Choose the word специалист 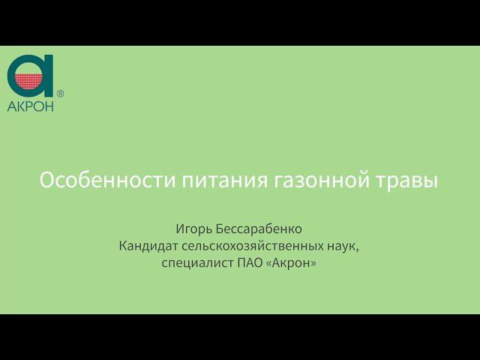(x=193, y=262)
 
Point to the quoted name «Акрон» (x=289, y=262)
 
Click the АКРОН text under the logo (x=31, y=106)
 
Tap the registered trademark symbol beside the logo (x=61, y=94)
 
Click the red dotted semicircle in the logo (x=29, y=81)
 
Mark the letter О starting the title (x=46, y=181)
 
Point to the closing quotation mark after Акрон (x=313, y=262)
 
